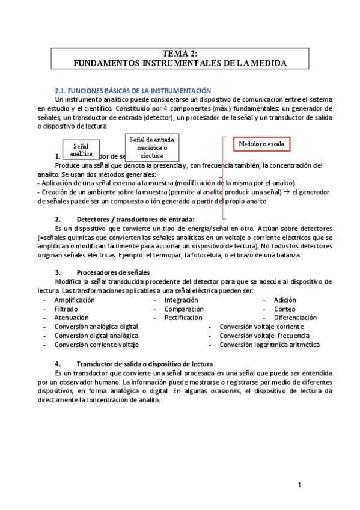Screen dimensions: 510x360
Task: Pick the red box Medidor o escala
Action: point(261,144)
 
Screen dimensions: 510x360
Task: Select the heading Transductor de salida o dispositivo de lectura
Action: point(145,364)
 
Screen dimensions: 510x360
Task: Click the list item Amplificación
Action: point(75,300)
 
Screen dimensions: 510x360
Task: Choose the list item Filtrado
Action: point(66,309)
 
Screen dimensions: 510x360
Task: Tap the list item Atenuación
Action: point(71,317)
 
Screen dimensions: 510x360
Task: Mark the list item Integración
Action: point(182,300)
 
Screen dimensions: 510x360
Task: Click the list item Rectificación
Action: point(183,317)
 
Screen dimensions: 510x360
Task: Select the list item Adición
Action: point(285,300)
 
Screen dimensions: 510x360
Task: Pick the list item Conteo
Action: point(285,309)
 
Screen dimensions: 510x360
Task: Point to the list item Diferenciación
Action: point(295,317)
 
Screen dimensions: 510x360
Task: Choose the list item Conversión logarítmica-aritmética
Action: point(269,345)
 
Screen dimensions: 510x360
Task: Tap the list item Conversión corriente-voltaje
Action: point(96,345)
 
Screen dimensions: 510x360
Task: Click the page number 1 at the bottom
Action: point(301,484)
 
